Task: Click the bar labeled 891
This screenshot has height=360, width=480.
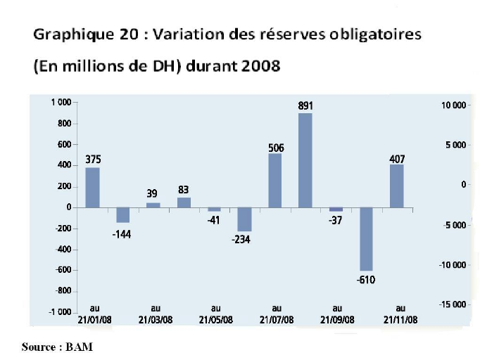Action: click(x=305, y=160)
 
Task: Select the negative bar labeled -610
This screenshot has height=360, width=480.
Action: click(x=366, y=239)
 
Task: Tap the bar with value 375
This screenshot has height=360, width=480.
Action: click(x=92, y=187)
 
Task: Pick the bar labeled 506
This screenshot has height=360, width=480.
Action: click(x=275, y=181)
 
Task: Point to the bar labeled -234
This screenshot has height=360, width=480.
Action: click(x=244, y=219)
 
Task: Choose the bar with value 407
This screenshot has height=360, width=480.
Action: click(x=396, y=186)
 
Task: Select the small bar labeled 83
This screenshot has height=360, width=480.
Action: click(x=184, y=202)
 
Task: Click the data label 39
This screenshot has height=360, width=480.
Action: click(x=153, y=193)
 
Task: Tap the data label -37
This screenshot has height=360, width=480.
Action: click(x=336, y=220)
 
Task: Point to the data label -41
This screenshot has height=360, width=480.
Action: click(x=214, y=220)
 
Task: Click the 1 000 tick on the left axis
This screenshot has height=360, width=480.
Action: click(x=60, y=103)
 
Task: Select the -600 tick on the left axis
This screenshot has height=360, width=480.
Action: click(x=61, y=270)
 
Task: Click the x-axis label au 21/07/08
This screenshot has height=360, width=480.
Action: click(x=276, y=314)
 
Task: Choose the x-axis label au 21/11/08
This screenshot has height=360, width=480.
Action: click(x=400, y=314)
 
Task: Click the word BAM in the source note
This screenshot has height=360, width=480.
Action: click(x=80, y=347)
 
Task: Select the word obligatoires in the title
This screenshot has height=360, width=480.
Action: click(x=368, y=34)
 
